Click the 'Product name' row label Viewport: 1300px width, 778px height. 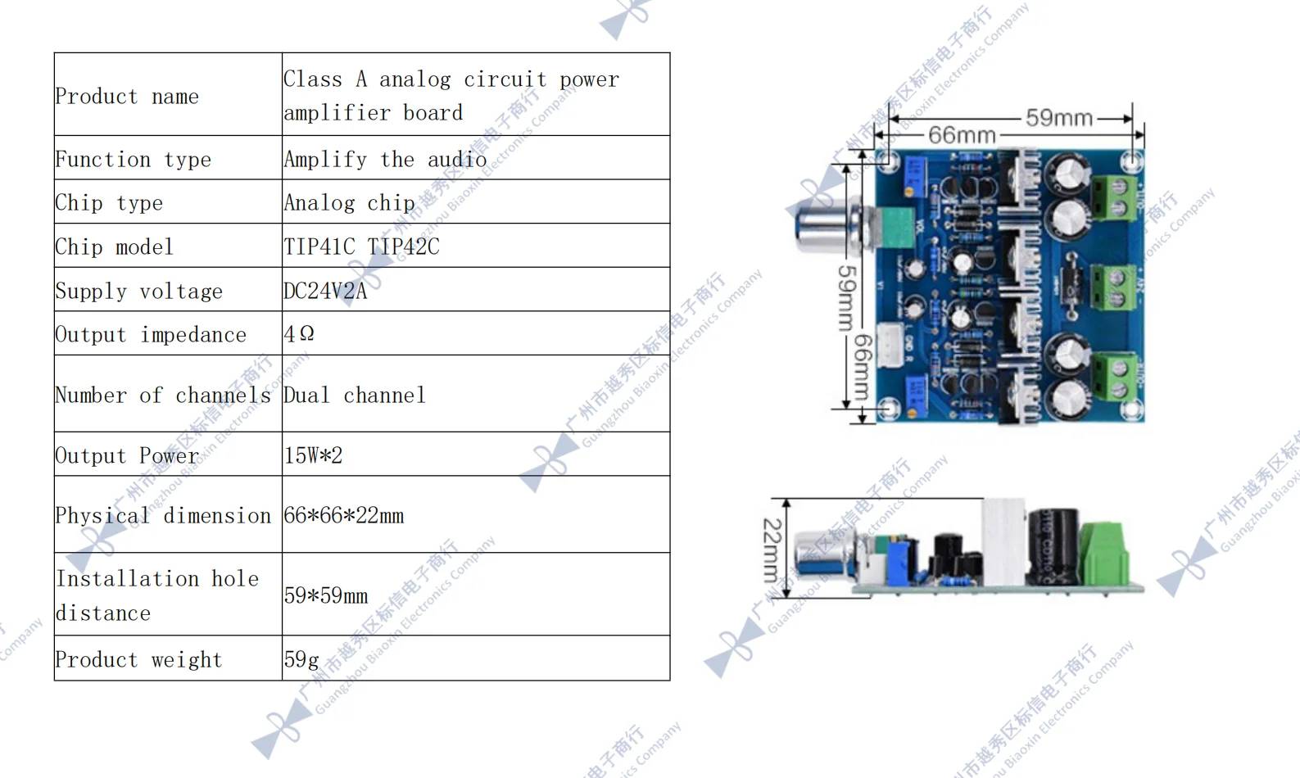point(127,97)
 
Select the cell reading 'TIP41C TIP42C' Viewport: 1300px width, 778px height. point(361,247)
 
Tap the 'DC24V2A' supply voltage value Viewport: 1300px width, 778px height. point(325,291)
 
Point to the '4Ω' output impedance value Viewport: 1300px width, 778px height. point(299,334)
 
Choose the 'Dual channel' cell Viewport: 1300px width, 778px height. point(355,396)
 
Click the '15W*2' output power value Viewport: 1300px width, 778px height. point(313,455)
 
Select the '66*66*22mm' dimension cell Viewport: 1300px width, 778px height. point(344,516)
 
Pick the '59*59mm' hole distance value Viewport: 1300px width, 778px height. point(326,595)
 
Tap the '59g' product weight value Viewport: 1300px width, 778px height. point(301,659)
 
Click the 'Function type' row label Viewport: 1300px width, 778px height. point(133,159)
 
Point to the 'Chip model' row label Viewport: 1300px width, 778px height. point(114,247)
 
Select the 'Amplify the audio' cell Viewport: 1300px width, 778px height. point(385,159)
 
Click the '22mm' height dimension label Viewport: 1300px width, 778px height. point(772,549)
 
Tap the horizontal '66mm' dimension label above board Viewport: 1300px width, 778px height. point(961,135)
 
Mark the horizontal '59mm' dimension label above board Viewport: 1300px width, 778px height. point(1058,118)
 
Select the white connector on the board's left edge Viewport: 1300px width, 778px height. point(890,345)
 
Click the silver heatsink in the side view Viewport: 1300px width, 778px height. point(1003,541)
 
